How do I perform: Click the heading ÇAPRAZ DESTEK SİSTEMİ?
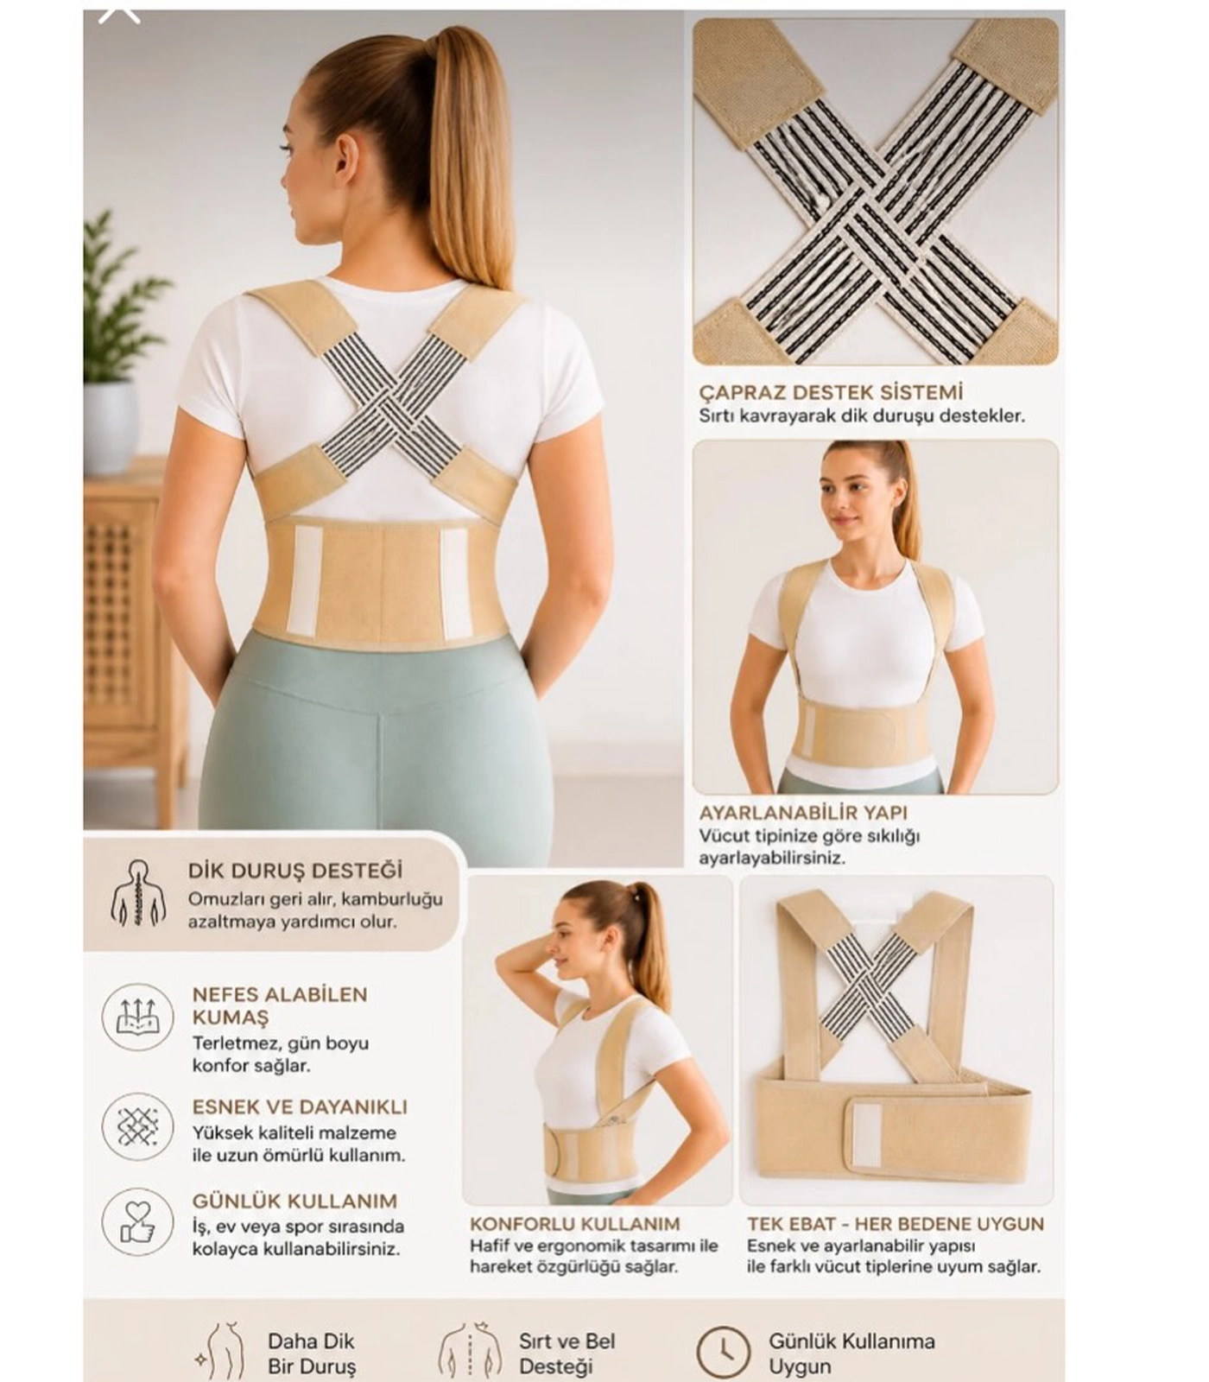(x=831, y=392)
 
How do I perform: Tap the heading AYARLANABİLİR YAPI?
(x=803, y=813)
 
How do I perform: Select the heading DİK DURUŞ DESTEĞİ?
(x=295, y=871)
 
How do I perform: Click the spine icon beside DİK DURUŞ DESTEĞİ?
(x=138, y=893)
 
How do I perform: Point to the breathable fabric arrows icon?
(x=138, y=1017)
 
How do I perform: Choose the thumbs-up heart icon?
(x=138, y=1221)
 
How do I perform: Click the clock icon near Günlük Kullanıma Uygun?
(x=724, y=1353)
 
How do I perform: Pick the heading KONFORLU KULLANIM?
(x=575, y=1224)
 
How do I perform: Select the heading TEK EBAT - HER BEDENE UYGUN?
(x=896, y=1224)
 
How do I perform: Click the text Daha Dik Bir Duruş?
(x=311, y=1353)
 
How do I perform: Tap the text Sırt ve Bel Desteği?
(x=567, y=1353)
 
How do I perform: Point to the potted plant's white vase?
(x=111, y=426)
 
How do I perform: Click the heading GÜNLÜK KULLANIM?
(x=294, y=1201)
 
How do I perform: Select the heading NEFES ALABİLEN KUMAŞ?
(x=280, y=1005)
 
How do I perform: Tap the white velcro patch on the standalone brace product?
(x=867, y=1135)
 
